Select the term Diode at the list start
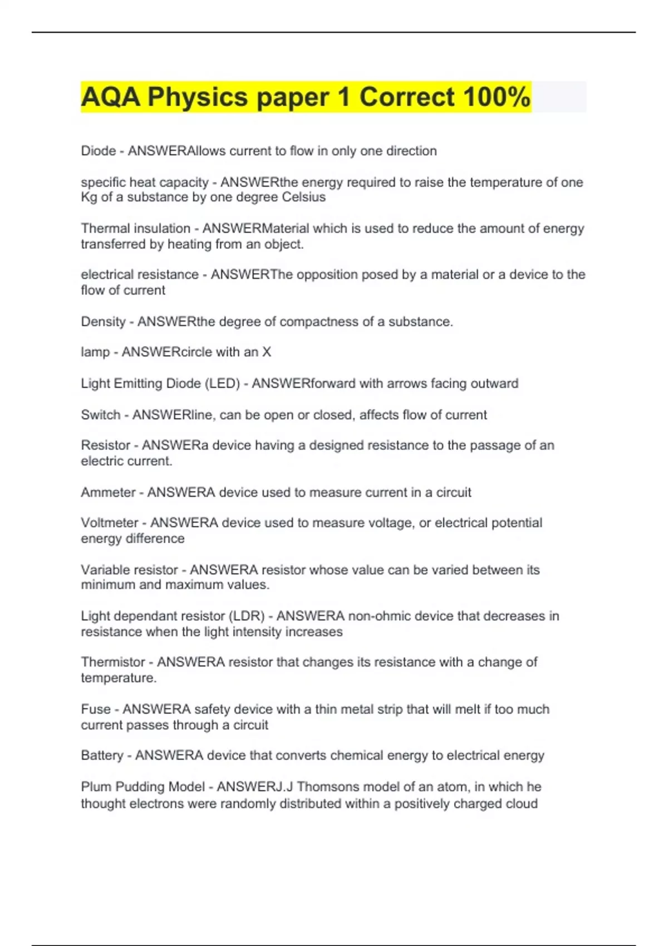click(98, 151)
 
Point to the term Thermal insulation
click(135, 228)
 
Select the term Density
click(103, 322)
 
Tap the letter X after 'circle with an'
click(267, 352)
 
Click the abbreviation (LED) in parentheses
click(222, 383)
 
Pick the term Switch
click(100, 415)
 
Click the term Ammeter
click(108, 492)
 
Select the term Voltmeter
click(110, 523)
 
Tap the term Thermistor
click(112, 662)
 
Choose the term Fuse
click(96, 709)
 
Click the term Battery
click(102, 756)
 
